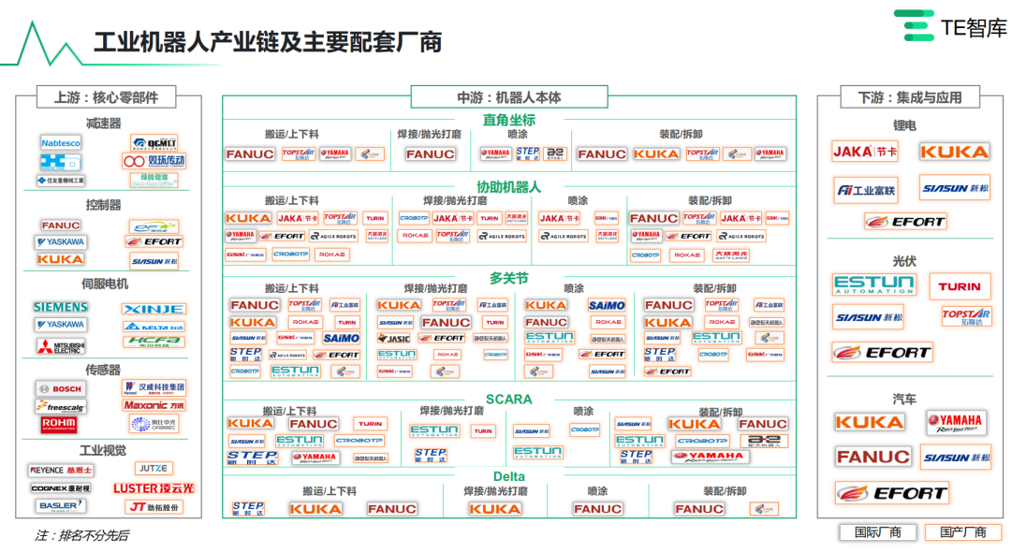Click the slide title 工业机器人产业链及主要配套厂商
(268, 42)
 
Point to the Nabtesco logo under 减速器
(61, 142)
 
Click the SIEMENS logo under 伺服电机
(61, 307)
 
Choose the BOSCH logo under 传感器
(61, 388)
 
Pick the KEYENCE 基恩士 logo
(61, 470)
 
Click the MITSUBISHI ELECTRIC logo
(61, 346)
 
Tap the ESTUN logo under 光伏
(873, 285)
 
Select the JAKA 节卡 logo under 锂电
(865, 152)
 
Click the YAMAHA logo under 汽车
(956, 422)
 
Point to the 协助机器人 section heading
(508, 187)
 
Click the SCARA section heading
(508, 400)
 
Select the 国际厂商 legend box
(877, 532)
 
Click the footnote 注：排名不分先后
(82, 536)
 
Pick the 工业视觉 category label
(103, 450)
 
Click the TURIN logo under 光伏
(960, 286)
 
